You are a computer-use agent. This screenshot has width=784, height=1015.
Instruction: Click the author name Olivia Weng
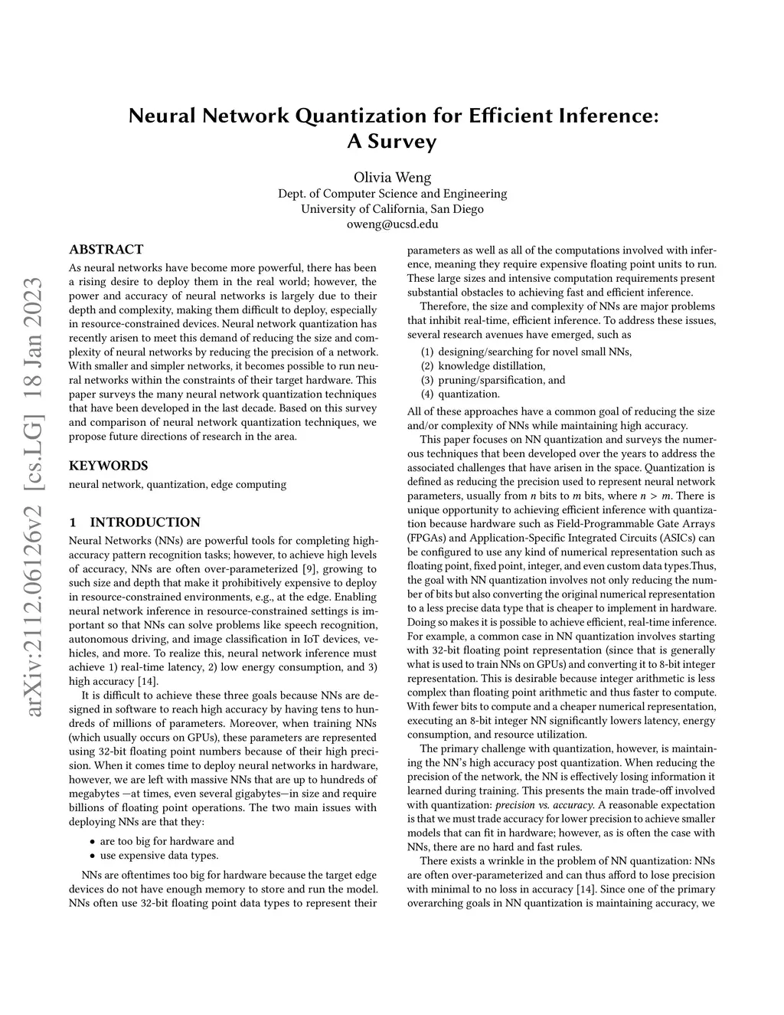(392, 178)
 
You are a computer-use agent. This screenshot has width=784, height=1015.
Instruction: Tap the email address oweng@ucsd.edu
(392, 224)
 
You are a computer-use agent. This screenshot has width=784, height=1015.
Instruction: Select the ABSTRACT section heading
(106, 250)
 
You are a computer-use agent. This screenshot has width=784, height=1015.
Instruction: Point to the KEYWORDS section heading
(108, 466)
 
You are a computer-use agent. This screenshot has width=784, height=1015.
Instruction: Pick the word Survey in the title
(392, 142)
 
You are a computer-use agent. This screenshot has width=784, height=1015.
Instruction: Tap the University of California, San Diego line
(392, 209)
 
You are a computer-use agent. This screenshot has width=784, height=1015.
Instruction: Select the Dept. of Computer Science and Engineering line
(392, 194)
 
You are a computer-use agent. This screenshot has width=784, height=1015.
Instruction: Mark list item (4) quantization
(460, 394)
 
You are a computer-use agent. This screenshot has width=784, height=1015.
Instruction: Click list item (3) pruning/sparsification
(493, 380)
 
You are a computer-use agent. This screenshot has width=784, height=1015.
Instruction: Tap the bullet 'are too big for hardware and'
(167, 841)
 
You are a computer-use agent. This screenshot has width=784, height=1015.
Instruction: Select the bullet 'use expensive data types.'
(159, 856)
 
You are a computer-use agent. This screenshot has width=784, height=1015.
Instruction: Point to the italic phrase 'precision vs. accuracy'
(544, 805)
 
